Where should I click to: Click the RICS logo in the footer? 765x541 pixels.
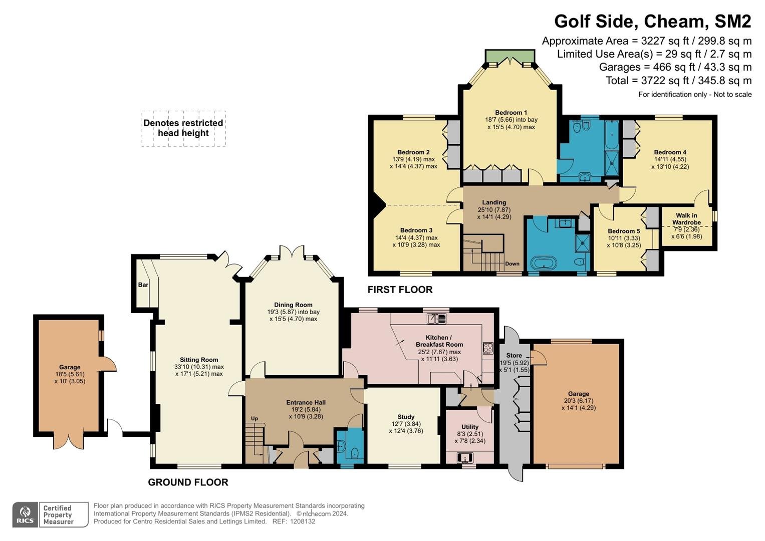25,514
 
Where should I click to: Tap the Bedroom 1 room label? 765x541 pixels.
511,112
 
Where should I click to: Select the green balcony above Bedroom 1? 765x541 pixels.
510,56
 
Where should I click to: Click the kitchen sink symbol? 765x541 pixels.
437,319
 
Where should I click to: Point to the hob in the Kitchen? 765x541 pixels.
488,348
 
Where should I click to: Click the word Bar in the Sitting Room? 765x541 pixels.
143,285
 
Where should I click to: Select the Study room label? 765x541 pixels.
406,417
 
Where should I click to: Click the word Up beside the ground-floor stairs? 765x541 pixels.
254,418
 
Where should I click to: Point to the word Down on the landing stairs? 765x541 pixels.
513,263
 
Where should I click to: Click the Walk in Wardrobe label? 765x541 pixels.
686,219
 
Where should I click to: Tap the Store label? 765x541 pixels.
514,355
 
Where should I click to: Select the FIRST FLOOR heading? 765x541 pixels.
400,290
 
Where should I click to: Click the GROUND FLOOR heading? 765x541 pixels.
188,482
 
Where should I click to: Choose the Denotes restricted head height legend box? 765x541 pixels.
184,128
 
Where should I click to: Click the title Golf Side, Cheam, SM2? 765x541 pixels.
652,21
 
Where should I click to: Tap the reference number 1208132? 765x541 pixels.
302,521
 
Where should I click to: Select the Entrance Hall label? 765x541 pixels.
306,402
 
